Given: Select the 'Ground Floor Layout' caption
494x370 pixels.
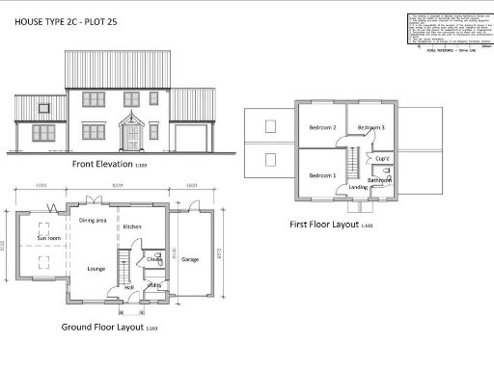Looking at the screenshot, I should [102, 328].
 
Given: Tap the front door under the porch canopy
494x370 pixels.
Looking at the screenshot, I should [131, 140].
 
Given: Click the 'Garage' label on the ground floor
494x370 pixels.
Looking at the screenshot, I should [190, 259].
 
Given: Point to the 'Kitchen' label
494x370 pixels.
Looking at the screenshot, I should [132, 226].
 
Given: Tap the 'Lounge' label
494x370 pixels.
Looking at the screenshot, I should [96, 268].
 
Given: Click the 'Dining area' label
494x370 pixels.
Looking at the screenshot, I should [93, 221].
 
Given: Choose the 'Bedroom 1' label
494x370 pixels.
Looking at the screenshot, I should [322, 176].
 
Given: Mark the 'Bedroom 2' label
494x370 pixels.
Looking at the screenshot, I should [321, 128].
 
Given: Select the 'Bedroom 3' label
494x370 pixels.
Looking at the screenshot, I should [371, 128].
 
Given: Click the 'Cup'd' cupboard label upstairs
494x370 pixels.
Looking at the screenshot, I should [381, 158].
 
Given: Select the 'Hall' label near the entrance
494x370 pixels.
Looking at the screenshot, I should [128, 286].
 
